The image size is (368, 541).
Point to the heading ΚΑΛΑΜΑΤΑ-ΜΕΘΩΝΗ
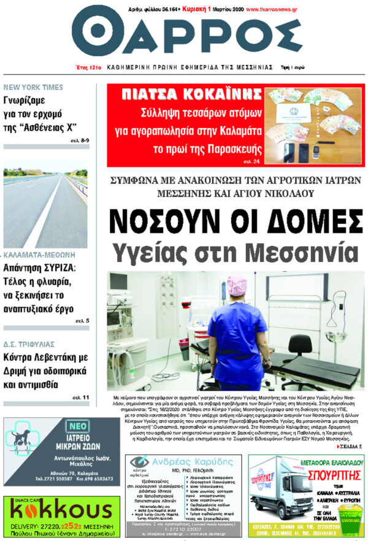[39, 253]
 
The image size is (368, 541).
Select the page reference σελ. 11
[81, 397]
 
